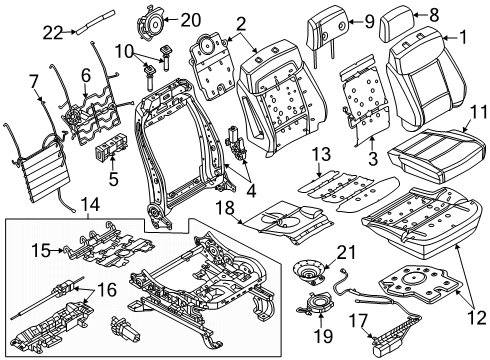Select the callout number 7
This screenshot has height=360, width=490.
pos(33,81)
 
